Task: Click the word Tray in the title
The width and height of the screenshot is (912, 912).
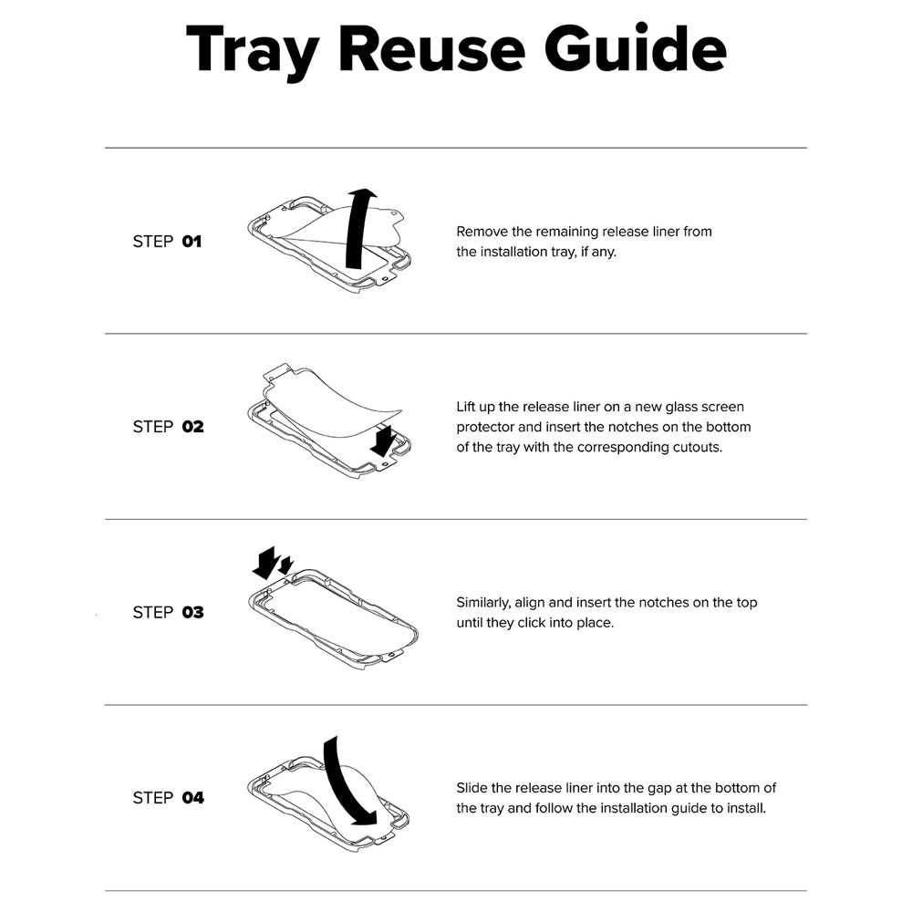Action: coord(253,51)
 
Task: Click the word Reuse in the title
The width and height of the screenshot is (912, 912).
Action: coord(431,49)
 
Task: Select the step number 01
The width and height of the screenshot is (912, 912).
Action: coord(192,242)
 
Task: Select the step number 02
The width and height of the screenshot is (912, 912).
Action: coord(193,427)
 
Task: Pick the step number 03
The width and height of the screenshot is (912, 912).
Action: coord(193,613)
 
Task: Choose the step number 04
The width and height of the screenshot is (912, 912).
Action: coord(193,798)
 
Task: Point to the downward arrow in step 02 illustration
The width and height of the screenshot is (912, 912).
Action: coord(383,440)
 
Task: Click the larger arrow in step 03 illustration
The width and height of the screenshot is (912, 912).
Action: coord(265,563)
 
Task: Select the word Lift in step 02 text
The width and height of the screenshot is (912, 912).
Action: coord(466,407)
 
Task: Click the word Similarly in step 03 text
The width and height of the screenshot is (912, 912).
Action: coord(483,603)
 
